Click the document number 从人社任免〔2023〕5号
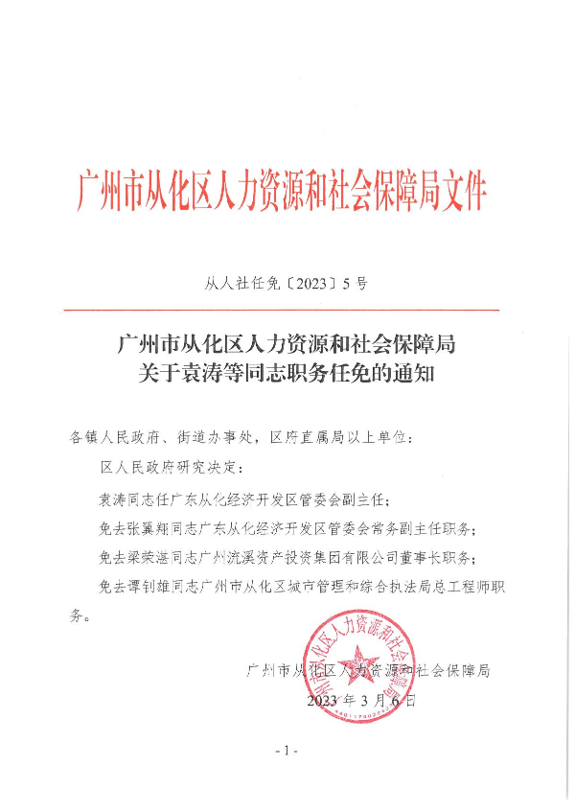(x=287, y=285)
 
